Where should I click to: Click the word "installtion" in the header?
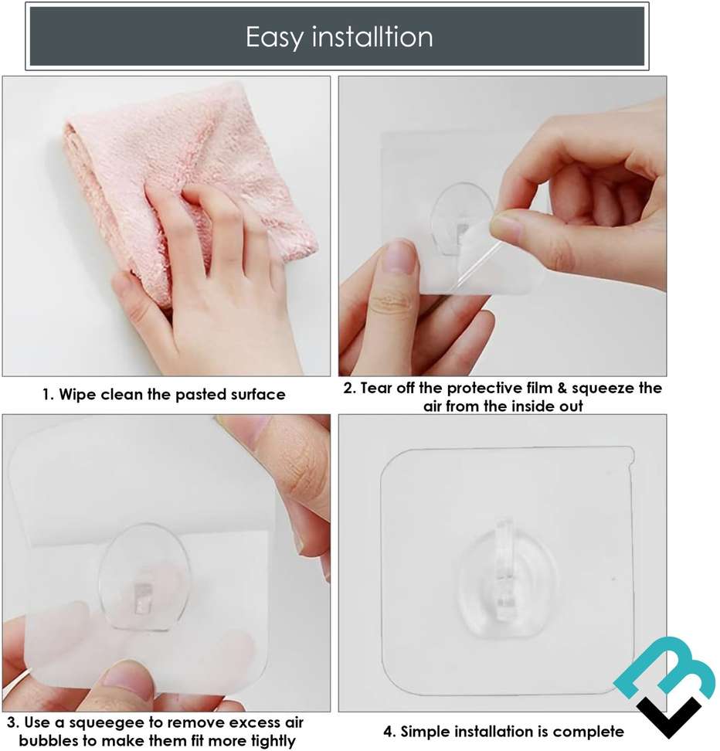(373, 37)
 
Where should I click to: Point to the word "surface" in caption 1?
(252, 395)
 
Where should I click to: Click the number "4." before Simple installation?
(390, 731)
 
